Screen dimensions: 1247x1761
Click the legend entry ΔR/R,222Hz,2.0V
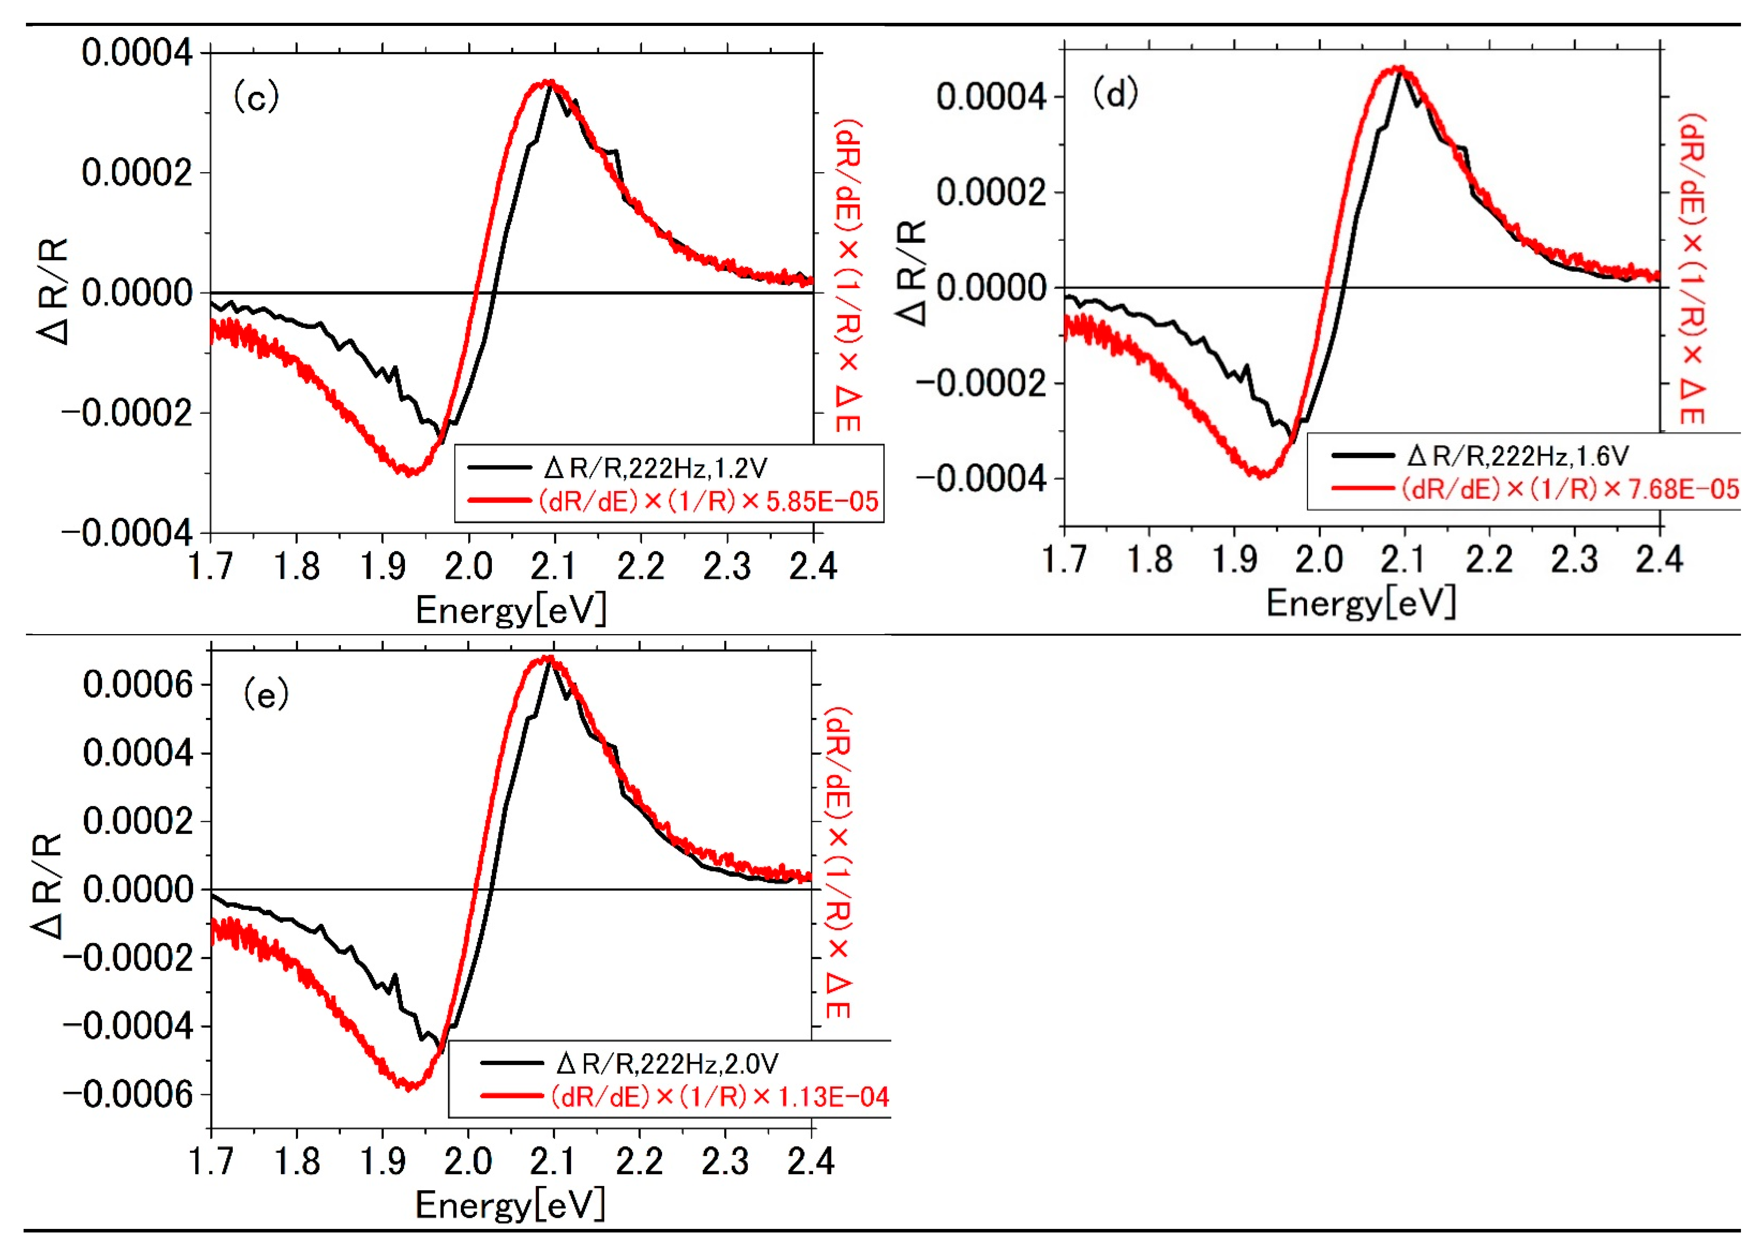pyautogui.click(x=666, y=1063)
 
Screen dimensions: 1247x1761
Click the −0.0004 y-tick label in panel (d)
pyautogui.click(x=981, y=479)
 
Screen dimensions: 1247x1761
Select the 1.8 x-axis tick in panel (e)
pyautogui.click(x=296, y=1161)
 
